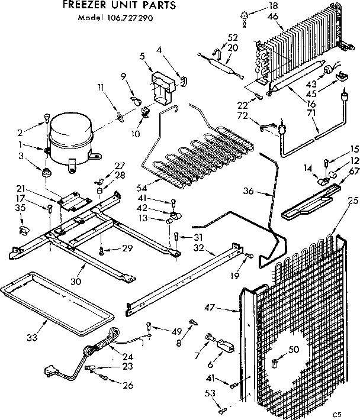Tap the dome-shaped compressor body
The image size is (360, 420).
pos(70,139)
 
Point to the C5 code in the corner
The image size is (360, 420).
pos(337,413)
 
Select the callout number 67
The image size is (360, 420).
pos(355,172)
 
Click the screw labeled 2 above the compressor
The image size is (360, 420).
pos(46,124)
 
